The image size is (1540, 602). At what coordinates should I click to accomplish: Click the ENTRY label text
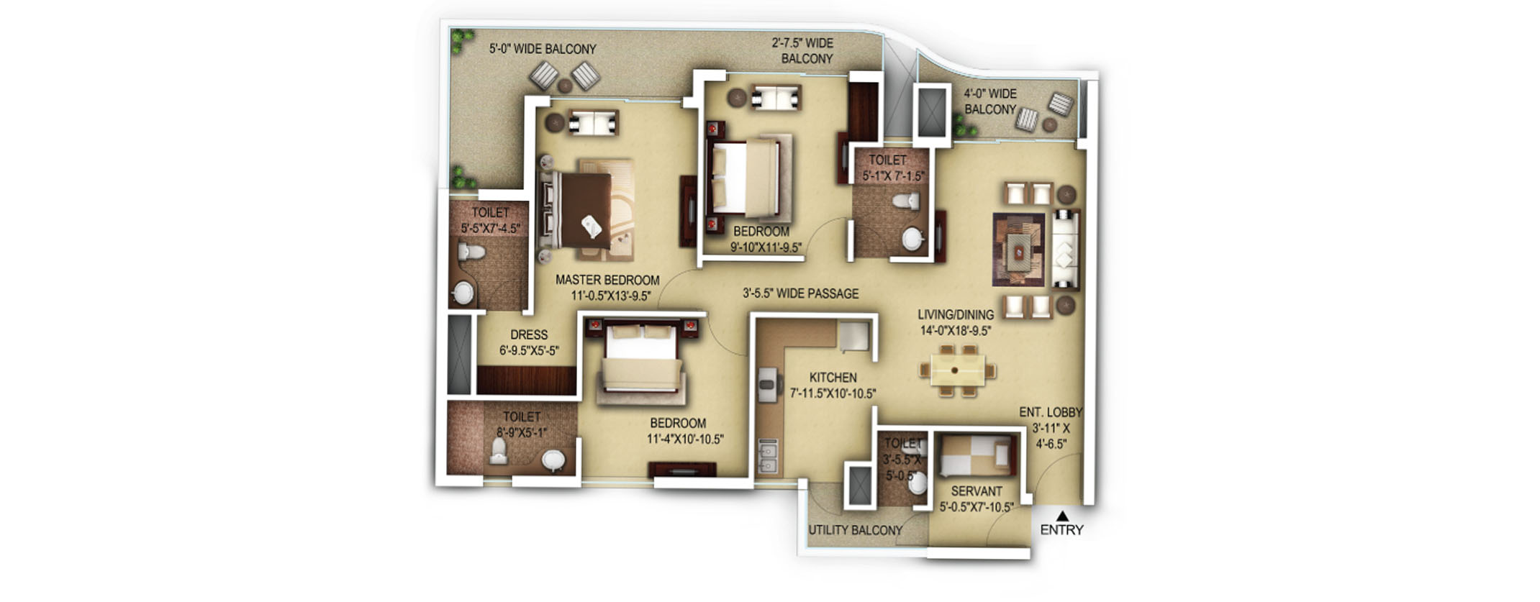[1061, 530]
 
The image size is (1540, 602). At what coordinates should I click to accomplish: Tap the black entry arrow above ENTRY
[1062, 515]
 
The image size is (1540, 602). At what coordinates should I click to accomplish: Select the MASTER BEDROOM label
[607, 280]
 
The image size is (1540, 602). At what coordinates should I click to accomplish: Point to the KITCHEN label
[833, 378]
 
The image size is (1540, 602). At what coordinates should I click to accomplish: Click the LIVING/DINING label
[956, 315]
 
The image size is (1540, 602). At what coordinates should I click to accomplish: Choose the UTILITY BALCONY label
[855, 530]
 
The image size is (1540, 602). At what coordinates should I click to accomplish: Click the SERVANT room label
[977, 491]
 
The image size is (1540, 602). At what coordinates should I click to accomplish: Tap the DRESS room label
[529, 335]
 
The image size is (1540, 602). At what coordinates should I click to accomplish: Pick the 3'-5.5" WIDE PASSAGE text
[800, 293]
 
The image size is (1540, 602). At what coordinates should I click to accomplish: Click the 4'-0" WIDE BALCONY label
[990, 101]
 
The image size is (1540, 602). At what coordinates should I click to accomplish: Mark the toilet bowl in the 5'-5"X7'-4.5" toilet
[472, 252]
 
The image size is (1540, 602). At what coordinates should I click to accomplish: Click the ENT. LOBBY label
[1051, 412]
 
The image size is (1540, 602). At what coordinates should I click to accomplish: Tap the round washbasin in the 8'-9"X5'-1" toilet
[553, 460]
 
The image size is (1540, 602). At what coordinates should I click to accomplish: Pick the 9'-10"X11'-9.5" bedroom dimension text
[766, 248]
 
